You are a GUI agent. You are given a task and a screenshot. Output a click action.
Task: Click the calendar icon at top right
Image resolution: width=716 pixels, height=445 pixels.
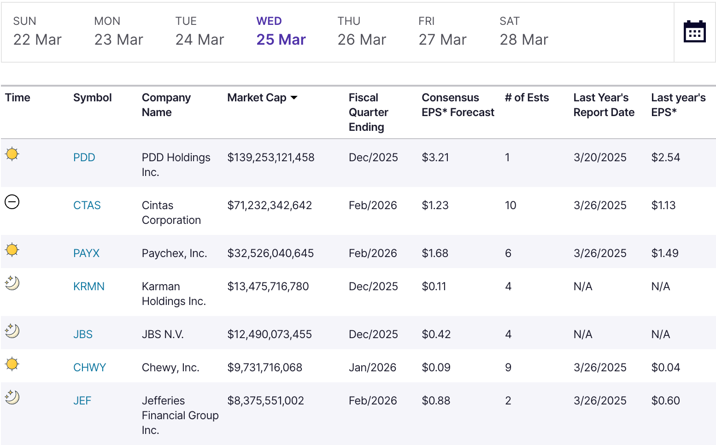pos(695,31)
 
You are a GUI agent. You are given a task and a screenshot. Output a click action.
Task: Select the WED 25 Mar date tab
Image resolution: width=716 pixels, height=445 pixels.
pos(281,31)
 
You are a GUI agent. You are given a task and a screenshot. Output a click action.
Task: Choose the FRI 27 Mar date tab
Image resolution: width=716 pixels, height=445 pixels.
pos(442,31)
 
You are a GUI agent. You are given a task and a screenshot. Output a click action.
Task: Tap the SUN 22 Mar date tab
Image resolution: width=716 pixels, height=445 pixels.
pos(37,31)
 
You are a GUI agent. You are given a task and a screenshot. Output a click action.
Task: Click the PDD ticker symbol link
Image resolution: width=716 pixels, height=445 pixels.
pos(84,158)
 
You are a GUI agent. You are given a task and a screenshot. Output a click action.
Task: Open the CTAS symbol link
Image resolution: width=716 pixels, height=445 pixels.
pos(87,205)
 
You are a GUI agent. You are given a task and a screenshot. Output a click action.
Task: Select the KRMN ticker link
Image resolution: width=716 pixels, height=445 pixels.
pos(89,287)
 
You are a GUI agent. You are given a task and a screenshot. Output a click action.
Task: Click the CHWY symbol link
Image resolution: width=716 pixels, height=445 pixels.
pos(90,368)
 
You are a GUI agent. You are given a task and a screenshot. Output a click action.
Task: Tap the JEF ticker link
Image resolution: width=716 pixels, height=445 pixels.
pos(82,401)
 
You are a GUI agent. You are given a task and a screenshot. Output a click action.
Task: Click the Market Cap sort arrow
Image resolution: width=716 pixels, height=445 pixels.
pos(294,98)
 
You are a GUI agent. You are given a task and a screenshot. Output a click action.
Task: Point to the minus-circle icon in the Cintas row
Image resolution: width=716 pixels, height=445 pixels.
pos(12,202)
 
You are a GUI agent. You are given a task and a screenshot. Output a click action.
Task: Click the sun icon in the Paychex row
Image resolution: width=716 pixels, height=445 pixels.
pos(12,250)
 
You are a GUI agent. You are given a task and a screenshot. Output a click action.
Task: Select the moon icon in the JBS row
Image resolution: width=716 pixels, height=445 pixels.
pos(12,331)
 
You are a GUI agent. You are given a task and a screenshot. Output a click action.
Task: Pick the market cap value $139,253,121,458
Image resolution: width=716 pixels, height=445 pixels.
pos(271,158)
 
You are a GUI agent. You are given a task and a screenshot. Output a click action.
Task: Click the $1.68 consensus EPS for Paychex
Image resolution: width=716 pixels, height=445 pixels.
pos(435,253)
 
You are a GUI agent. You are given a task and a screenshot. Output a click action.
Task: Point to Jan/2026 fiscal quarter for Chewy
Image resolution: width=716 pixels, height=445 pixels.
pos(372,368)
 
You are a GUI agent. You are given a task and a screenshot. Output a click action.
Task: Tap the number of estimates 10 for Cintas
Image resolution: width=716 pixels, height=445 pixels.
pos(511,205)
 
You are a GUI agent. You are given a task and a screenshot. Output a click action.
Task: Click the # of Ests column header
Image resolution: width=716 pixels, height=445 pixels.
pos(527,98)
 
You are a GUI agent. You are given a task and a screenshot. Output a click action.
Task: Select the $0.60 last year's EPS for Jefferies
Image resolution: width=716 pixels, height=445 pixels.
pos(665,401)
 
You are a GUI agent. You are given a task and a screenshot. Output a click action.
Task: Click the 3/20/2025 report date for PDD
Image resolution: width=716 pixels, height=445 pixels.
pos(600,158)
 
